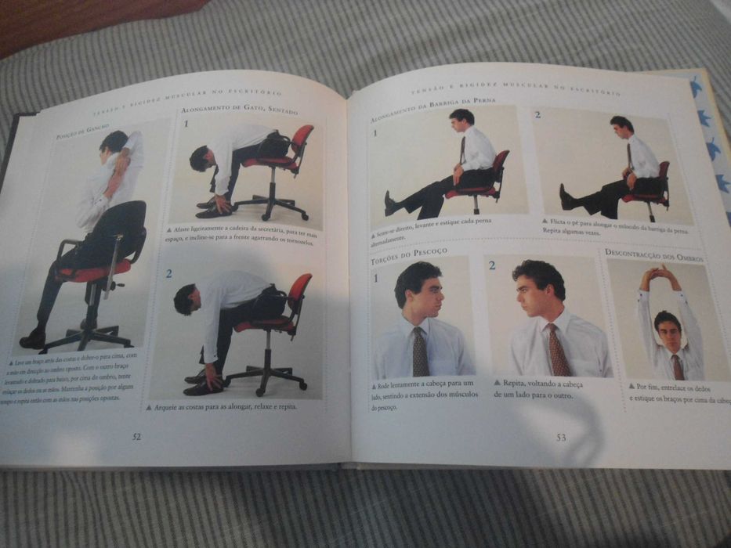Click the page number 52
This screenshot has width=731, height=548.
point(136,436)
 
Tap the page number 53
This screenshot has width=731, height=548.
point(561,438)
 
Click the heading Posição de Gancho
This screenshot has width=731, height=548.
point(82,132)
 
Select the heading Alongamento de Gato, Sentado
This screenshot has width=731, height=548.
point(240,110)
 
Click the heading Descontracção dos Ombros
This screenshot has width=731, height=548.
point(653,256)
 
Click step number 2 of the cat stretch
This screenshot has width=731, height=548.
point(168,273)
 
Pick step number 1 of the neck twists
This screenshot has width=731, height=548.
point(376,277)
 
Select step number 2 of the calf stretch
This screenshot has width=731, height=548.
point(537,115)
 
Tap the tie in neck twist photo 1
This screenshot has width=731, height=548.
point(420,352)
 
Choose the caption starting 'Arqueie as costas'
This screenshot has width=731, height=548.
point(223,407)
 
